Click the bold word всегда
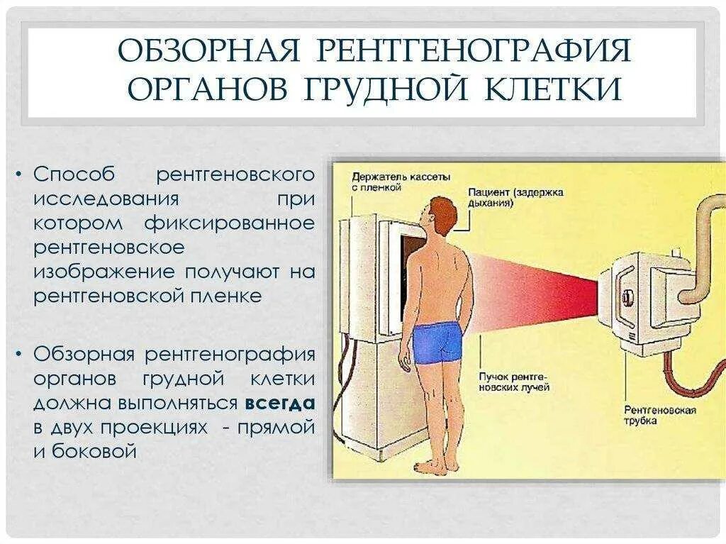click(280, 404)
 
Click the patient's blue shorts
click(437, 343)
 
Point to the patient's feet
click(431, 466)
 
